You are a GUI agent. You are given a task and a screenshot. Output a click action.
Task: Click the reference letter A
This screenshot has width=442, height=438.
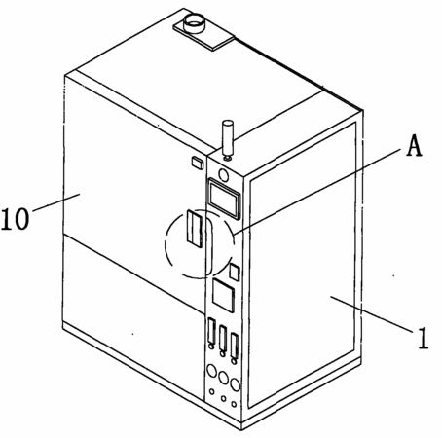[415, 146]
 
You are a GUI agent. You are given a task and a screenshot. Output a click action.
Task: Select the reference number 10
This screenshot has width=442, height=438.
[16, 219]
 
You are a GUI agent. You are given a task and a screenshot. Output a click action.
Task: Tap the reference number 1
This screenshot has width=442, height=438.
[423, 338]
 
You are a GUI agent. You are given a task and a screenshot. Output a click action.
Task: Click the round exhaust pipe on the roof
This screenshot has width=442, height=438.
[194, 22]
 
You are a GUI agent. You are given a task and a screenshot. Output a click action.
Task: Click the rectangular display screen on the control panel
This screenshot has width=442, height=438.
[224, 198]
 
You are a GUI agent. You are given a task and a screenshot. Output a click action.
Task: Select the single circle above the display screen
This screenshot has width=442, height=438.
[223, 175]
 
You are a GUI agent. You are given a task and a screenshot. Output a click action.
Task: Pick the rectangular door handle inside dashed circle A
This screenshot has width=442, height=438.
[195, 229]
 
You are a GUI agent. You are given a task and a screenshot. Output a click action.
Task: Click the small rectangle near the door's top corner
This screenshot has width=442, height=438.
[198, 163]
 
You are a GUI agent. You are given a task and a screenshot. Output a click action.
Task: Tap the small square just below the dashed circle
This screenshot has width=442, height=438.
[235, 272]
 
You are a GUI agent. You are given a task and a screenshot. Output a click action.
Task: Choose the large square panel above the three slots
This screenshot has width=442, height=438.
[224, 295]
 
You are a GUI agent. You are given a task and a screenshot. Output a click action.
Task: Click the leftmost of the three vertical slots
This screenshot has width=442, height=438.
[211, 331]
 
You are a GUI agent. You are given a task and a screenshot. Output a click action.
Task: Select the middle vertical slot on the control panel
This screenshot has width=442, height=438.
[223, 339]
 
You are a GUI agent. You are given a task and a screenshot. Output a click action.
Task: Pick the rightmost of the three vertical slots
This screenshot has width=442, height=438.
[234, 345]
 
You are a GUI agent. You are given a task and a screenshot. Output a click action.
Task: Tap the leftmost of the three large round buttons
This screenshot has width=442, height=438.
[211, 371]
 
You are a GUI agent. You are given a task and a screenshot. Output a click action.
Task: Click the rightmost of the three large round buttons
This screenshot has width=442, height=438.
[235, 384]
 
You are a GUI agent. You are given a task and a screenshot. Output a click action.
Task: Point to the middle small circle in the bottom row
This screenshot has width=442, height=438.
[223, 398]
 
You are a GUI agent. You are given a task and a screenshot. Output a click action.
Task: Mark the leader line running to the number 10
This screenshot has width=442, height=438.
[55, 202]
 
